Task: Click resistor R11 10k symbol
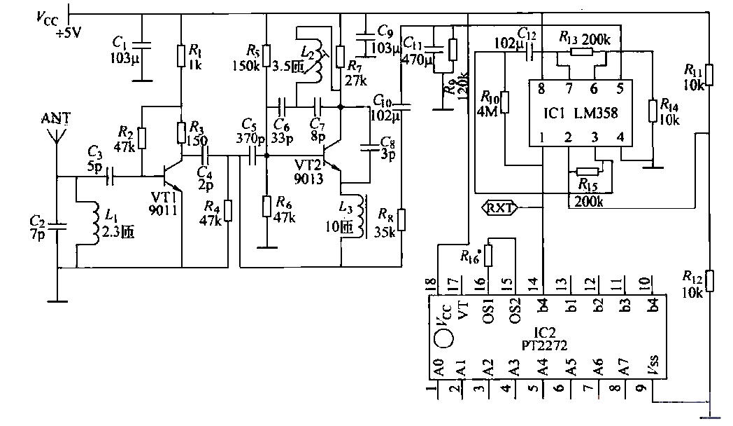[709, 74]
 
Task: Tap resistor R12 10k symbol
[709, 280]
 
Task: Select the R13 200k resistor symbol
[580, 51]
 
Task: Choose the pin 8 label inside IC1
[542, 88]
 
